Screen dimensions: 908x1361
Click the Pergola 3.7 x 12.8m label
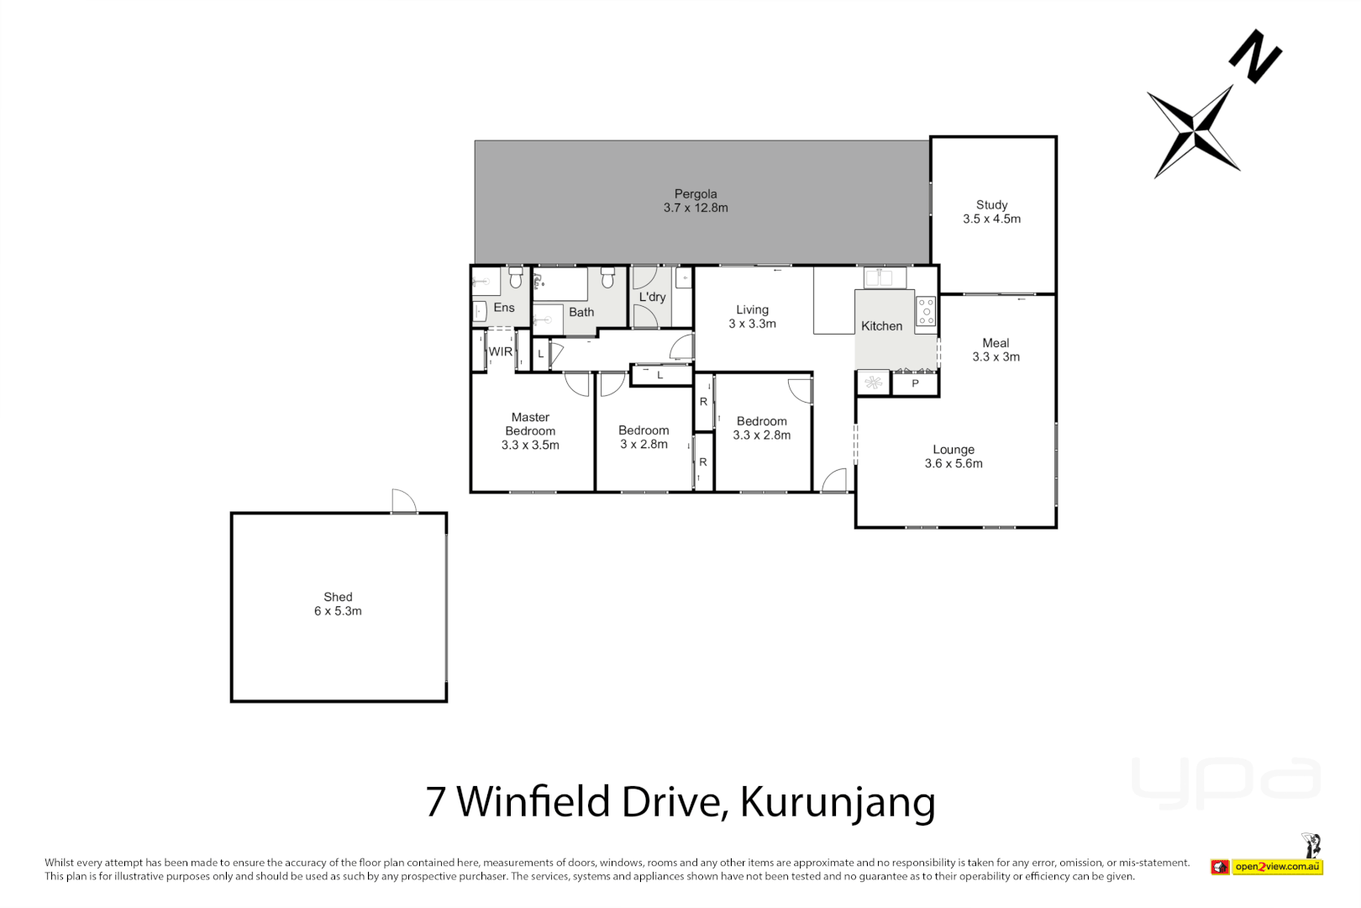click(x=696, y=201)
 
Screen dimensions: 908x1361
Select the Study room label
click(x=991, y=212)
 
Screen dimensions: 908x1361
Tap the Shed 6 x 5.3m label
click(x=338, y=604)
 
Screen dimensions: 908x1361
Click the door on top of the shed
click(x=404, y=502)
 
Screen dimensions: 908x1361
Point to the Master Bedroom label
click(x=530, y=430)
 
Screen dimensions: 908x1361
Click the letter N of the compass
click(x=1255, y=56)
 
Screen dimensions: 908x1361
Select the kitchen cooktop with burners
click(x=926, y=310)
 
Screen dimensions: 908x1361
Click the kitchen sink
click(x=885, y=277)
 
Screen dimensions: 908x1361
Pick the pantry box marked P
click(x=915, y=383)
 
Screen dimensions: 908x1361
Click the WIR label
click(x=501, y=351)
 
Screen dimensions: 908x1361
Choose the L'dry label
click(x=652, y=297)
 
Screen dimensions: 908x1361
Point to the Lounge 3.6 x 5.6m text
click(x=954, y=457)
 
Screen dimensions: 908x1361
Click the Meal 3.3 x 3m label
click(x=996, y=350)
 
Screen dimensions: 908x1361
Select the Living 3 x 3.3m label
click(x=752, y=316)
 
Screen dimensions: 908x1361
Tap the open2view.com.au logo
click(x=1277, y=867)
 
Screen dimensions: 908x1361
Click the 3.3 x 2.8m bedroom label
click(x=762, y=428)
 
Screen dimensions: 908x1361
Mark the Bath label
click(x=581, y=312)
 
